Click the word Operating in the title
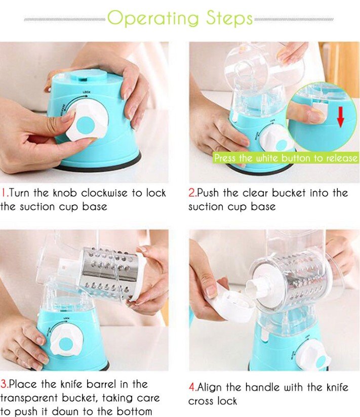coord(153,18)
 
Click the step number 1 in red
coord(4,192)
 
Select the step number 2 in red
coord(192,192)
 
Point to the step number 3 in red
coord(4,384)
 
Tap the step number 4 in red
coord(192,387)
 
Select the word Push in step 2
coord(208,192)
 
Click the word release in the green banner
coord(342,158)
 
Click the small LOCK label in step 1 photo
coord(87,92)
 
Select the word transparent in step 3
coord(29,398)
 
